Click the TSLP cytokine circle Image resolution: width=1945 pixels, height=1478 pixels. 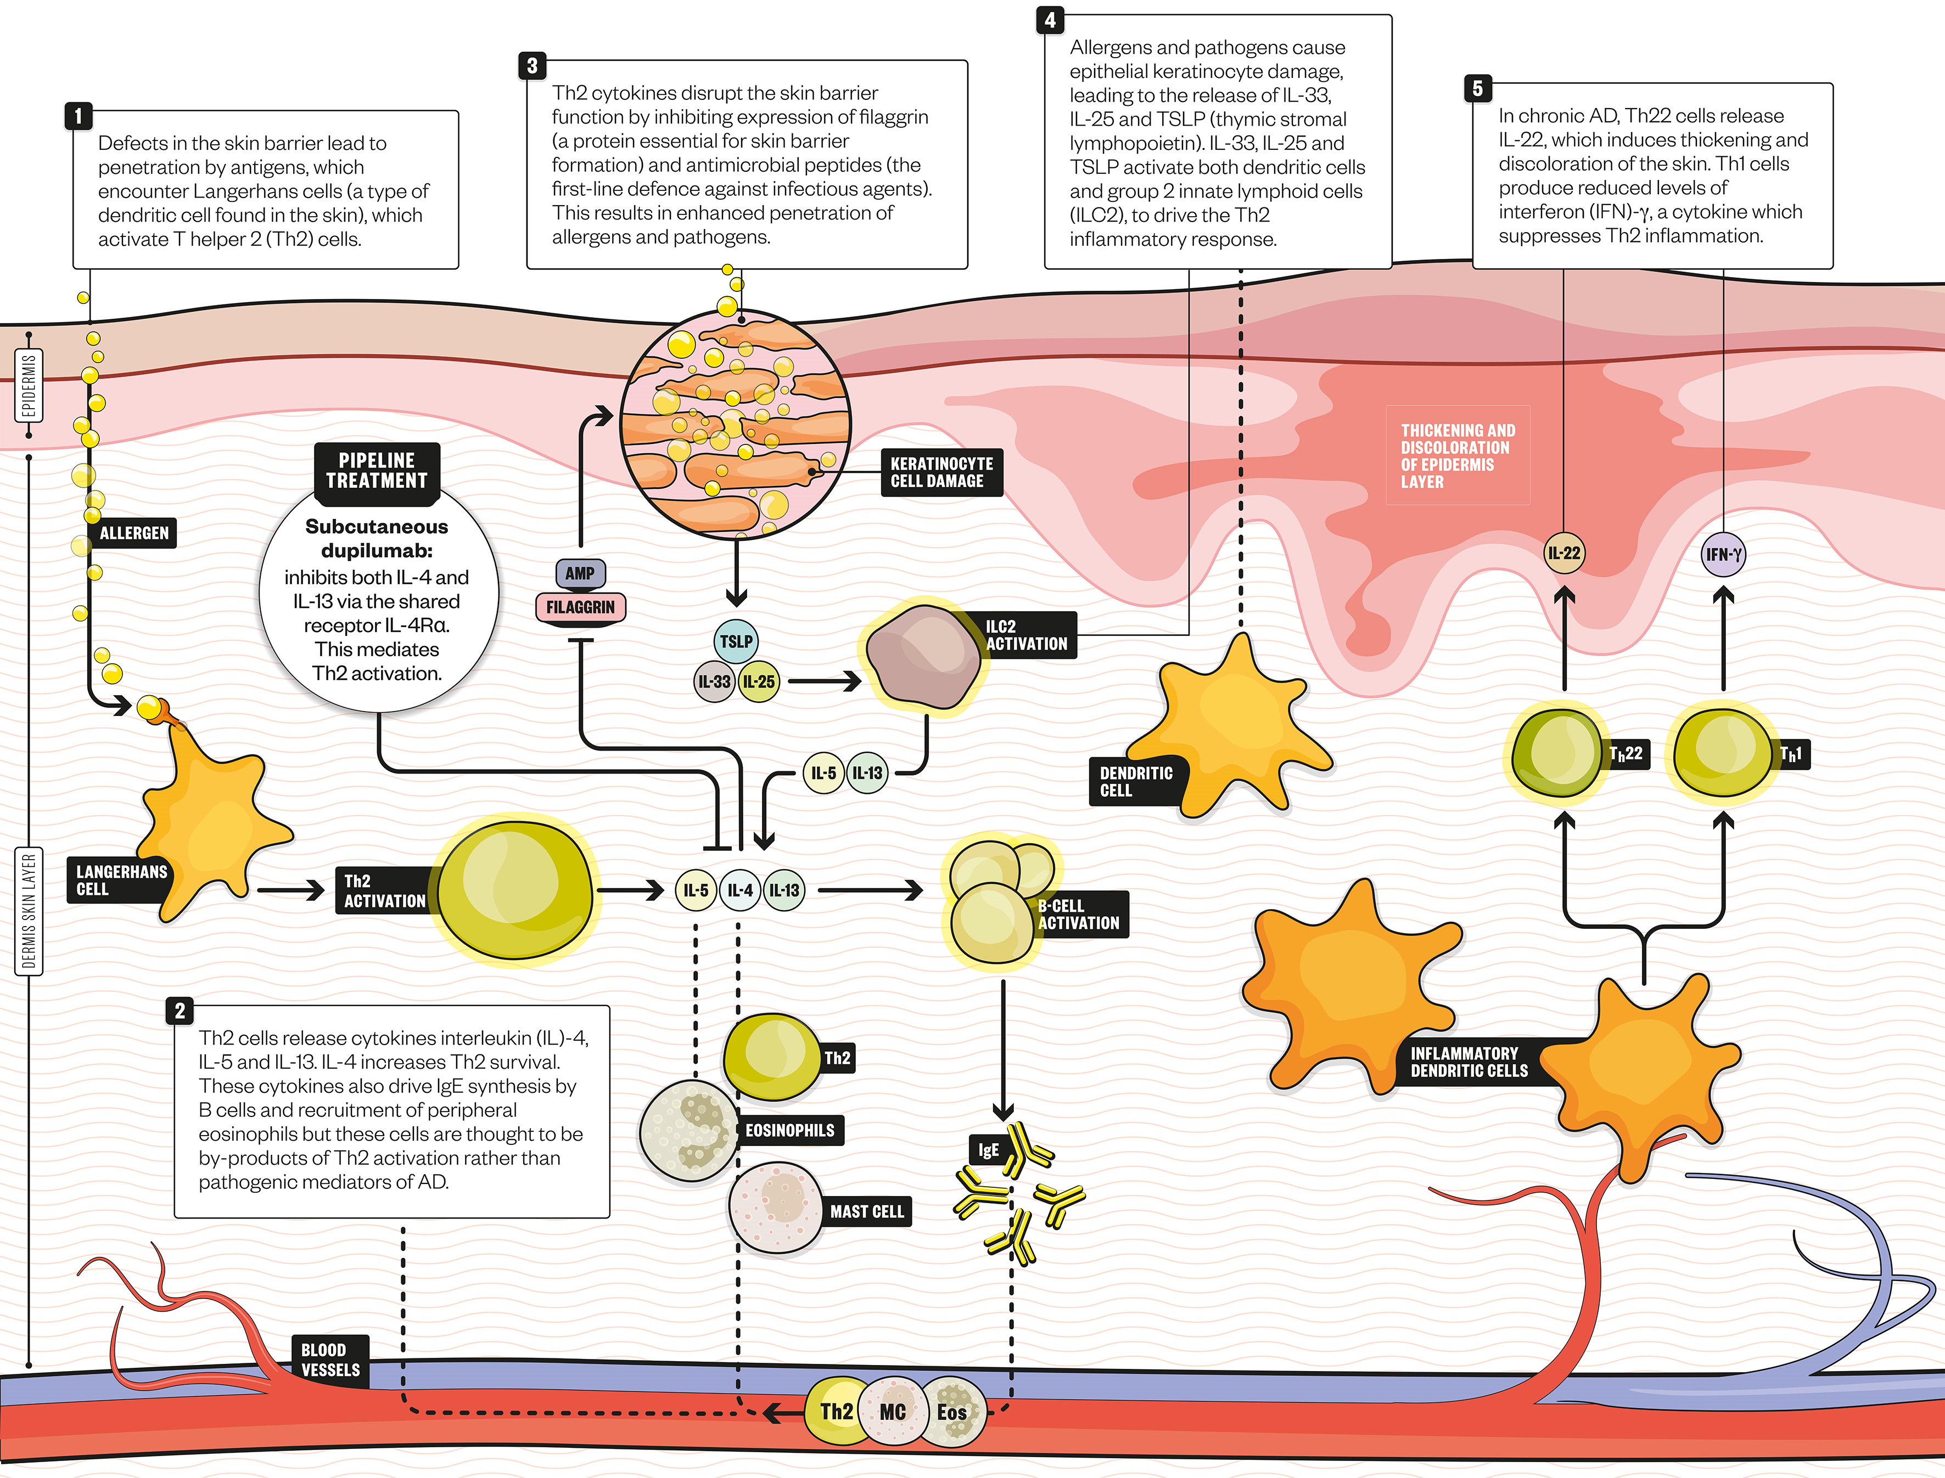[736, 641]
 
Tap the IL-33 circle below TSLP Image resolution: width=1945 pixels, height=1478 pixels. [714, 682]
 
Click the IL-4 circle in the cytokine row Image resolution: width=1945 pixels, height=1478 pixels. [740, 890]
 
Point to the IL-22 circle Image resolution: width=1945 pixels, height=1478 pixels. [1564, 554]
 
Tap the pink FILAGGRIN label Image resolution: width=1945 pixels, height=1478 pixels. [580, 607]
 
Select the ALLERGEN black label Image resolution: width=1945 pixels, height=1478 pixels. [134, 533]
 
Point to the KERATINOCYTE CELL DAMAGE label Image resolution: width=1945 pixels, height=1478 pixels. [941, 472]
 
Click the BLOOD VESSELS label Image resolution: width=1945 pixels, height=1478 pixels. [330, 1360]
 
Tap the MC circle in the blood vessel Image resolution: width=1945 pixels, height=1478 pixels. [893, 1412]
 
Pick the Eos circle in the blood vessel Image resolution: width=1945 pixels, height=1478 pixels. [951, 1412]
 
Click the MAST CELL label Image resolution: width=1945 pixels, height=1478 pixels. [866, 1211]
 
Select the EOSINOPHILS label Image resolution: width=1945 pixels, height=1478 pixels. [789, 1131]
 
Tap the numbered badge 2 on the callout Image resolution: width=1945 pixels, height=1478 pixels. [180, 1011]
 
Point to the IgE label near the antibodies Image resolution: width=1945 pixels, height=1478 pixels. [988, 1150]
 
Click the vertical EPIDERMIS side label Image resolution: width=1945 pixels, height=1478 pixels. [29, 385]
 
